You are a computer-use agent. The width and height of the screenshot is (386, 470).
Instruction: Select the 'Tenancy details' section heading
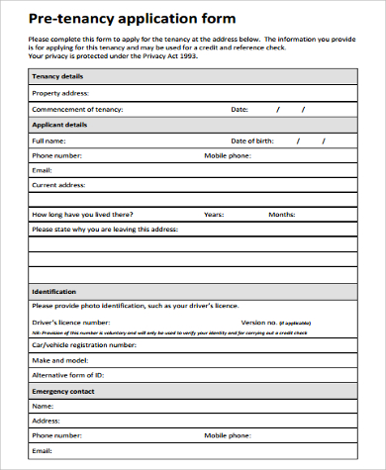click(58, 75)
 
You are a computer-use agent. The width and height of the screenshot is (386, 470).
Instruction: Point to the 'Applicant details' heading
click(60, 125)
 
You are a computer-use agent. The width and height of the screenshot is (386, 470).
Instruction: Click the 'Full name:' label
click(49, 141)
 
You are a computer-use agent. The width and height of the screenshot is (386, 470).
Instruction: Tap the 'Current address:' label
click(59, 184)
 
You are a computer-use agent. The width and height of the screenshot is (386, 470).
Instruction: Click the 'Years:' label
click(214, 214)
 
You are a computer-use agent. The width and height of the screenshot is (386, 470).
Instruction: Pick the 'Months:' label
click(281, 214)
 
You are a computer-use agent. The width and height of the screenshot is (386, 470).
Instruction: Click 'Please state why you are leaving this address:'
click(104, 229)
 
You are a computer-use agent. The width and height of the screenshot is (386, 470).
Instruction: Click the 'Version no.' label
click(259, 322)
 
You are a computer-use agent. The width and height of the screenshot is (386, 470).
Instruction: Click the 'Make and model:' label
click(59, 361)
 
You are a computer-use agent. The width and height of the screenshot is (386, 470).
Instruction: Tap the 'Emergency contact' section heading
click(63, 392)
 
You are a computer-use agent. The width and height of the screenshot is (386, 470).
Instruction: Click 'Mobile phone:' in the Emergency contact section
click(229, 434)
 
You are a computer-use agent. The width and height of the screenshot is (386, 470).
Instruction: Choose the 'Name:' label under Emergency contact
click(43, 406)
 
